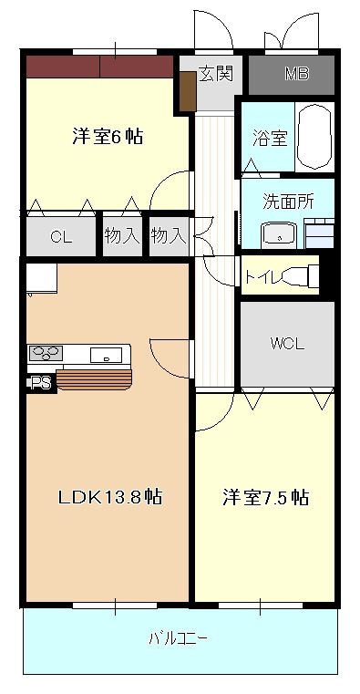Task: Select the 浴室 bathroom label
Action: [270, 139]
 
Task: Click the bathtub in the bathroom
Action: [315, 138]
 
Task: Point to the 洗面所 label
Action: [288, 202]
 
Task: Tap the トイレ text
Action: [262, 274]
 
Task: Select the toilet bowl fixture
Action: [301, 274]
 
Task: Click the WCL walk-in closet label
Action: [286, 344]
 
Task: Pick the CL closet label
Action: [60, 237]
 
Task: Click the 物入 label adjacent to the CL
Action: [121, 236]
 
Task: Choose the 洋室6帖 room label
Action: [108, 138]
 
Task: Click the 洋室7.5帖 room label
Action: [265, 498]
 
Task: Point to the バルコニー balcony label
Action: [178, 638]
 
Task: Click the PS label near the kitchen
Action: [40, 383]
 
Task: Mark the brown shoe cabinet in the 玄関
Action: [188, 89]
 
